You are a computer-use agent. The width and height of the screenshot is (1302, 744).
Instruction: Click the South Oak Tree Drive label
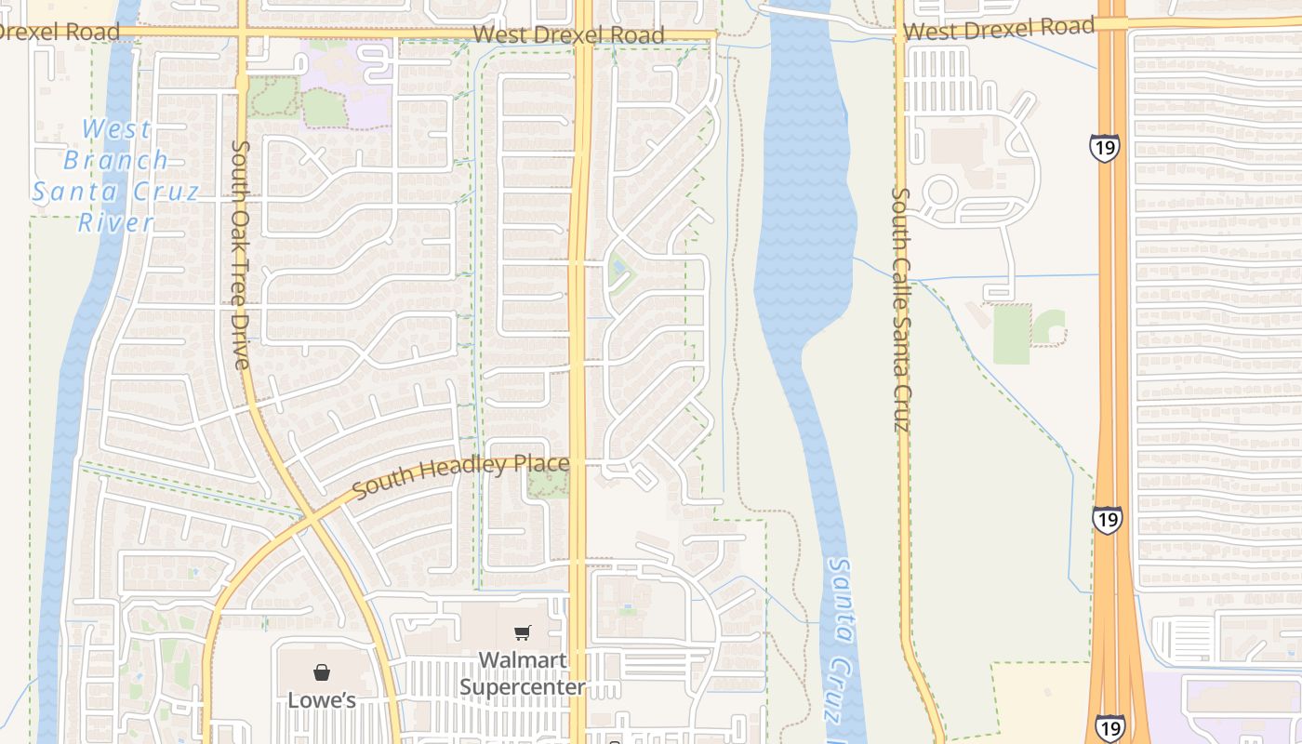tap(241, 254)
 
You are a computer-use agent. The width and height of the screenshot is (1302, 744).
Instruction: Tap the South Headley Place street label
tap(460, 475)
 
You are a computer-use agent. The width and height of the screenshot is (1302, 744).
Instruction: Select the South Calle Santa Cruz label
tap(900, 310)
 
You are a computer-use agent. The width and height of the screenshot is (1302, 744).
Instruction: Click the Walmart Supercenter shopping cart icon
tap(523, 633)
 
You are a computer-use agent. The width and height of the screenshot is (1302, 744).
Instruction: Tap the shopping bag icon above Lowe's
tap(321, 672)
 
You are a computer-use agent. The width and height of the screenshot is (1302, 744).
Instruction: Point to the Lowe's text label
tap(321, 699)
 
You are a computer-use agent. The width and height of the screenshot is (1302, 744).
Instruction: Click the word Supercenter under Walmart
tap(523, 687)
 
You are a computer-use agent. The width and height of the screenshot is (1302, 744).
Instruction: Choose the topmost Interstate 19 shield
tap(1105, 148)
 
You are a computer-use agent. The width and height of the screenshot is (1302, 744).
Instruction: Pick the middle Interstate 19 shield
tap(1107, 520)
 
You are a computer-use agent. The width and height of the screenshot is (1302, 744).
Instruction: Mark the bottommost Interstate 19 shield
tap(1109, 727)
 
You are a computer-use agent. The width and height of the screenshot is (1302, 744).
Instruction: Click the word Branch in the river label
tap(116, 160)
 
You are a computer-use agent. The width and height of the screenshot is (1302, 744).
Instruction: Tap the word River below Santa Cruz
tap(115, 222)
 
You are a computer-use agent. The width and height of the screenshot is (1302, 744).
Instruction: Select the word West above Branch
tap(116, 129)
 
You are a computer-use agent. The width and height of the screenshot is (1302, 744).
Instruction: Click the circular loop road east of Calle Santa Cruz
tap(939, 193)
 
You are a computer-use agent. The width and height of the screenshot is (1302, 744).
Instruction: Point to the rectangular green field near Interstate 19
tap(1011, 334)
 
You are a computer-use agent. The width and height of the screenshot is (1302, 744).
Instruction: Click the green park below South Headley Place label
tap(548, 483)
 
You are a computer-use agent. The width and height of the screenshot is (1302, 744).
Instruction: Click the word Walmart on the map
tap(523, 660)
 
